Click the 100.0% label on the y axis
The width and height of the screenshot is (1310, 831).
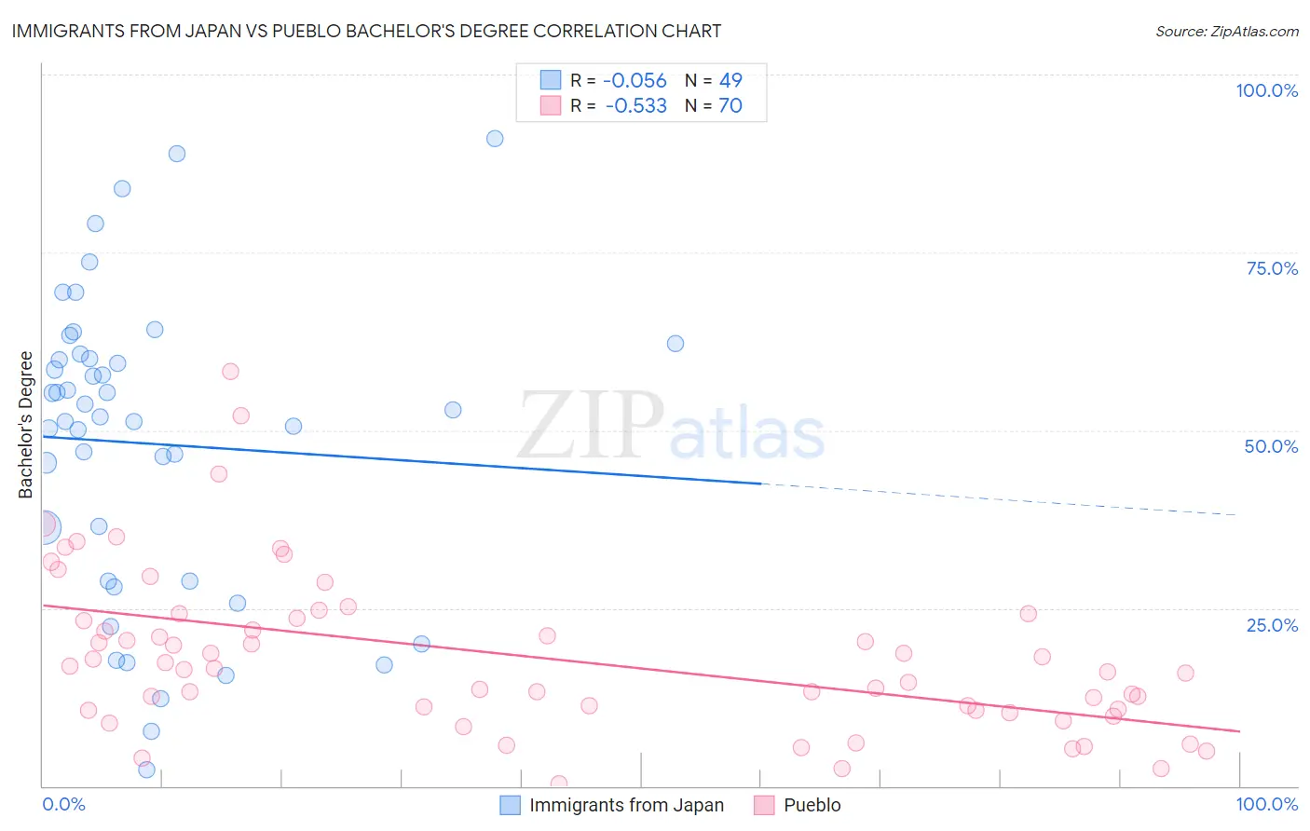tap(1266, 90)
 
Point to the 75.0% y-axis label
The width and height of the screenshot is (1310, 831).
tap(1272, 268)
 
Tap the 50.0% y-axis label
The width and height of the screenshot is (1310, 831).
tap(1271, 446)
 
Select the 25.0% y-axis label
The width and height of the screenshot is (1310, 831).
tap(1272, 624)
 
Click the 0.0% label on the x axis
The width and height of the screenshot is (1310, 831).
tap(63, 804)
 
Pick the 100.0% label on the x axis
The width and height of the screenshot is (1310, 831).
tap(1266, 804)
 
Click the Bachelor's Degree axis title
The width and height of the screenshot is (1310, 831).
tap(26, 425)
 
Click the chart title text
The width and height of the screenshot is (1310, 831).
tap(366, 31)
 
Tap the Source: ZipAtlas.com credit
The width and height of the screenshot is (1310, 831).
tap(1226, 31)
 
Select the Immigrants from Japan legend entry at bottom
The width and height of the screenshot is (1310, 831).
tap(626, 805)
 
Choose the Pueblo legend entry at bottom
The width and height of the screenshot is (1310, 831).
tap(812, 805)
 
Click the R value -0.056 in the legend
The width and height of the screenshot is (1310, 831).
tap(635, 81)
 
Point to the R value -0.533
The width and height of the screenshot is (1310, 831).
tap(635, 106)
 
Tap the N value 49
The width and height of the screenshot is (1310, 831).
tap(730, 81)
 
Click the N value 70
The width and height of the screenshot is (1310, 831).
tap(730, 106)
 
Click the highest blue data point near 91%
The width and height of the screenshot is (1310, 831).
tap(495, 139)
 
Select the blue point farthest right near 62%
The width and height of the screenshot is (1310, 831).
tap(675, 344)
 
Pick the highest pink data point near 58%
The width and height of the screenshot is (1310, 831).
tap(230, 372)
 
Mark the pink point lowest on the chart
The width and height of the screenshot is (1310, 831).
tap(559, 783)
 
